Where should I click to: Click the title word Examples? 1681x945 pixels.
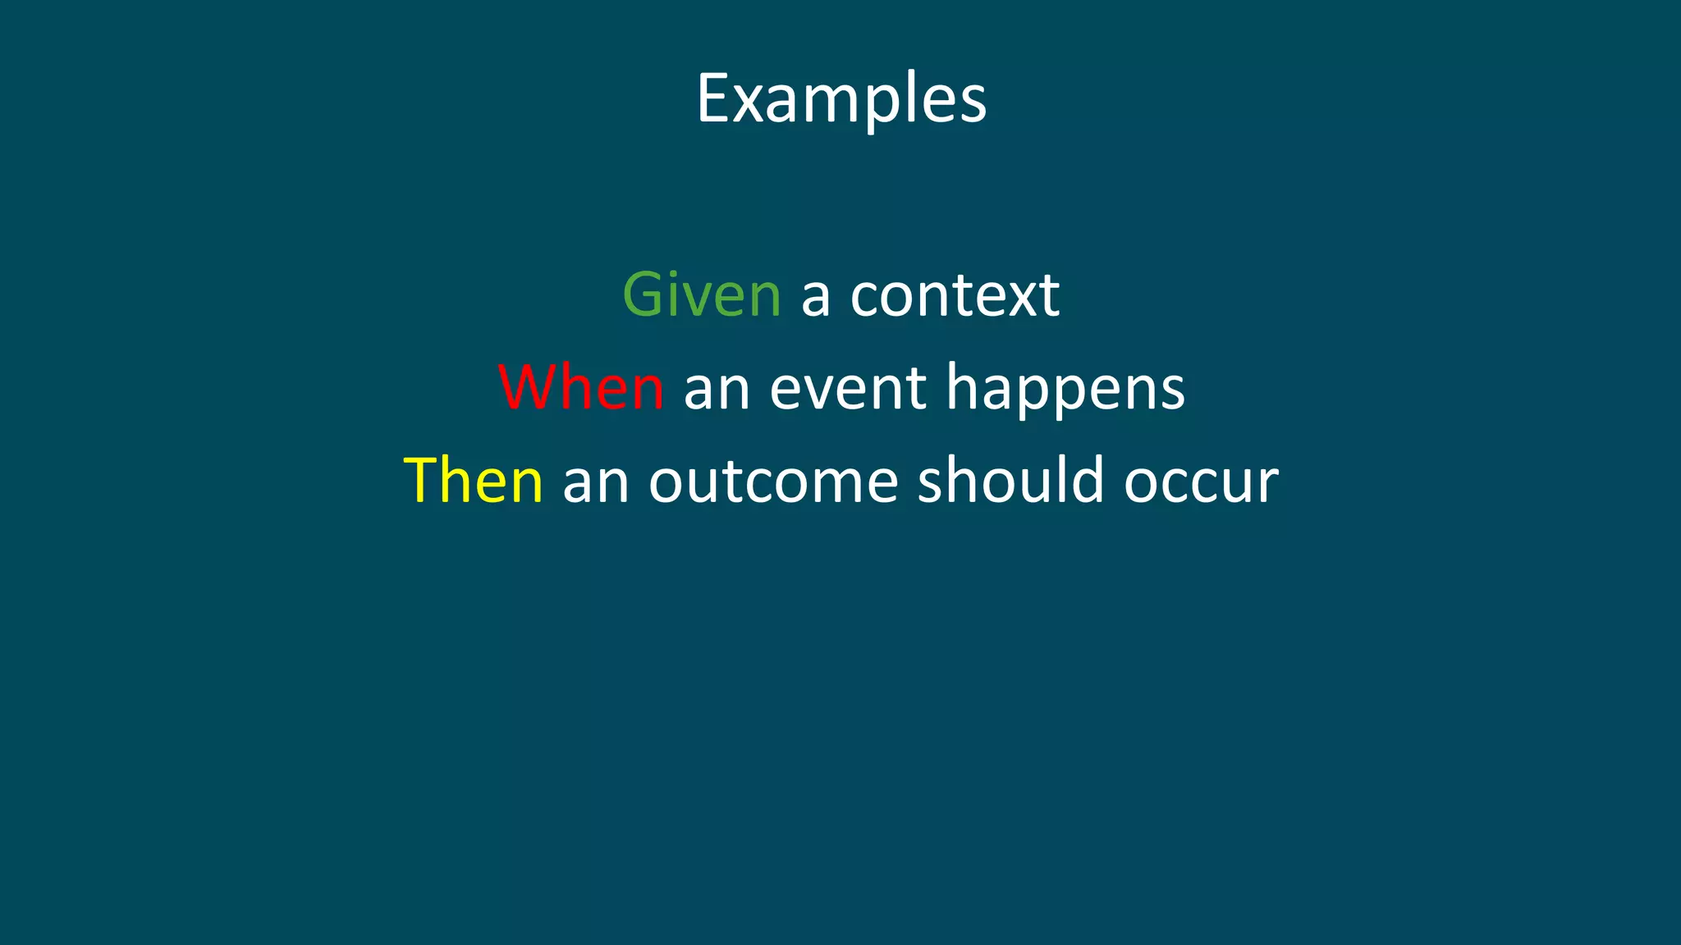point(841,98)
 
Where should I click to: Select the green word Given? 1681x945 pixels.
point(702,294)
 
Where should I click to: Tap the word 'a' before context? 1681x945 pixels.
point(815,297)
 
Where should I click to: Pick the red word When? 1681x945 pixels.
point(581,387)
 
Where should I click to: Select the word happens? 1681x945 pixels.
point(1065,389)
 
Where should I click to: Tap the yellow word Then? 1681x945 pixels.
point(474,481)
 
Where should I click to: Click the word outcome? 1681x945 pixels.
point(773,482)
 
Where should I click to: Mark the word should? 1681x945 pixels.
point(1010,480)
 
